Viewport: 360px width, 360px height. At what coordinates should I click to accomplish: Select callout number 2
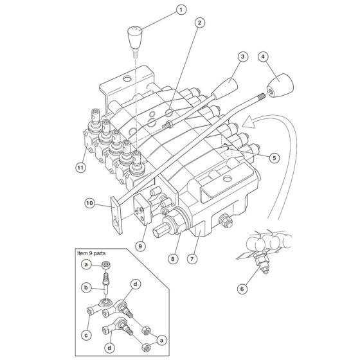tap(201, 23)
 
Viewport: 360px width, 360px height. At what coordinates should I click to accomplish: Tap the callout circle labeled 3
tap(243, 57)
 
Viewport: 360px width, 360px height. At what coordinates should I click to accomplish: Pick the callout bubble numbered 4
tap(262, 57)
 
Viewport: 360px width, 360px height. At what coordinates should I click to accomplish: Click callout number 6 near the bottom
tap(242, 289)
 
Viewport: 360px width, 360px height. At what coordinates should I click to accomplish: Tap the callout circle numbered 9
tap(141, 245)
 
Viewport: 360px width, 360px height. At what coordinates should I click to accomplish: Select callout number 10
tap(91, 204)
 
